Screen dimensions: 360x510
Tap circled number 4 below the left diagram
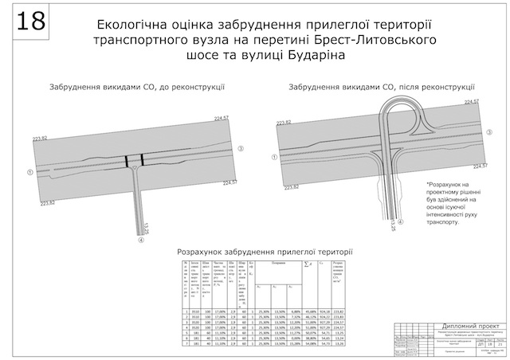140,241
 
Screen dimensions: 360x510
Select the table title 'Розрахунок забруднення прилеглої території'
265,252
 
